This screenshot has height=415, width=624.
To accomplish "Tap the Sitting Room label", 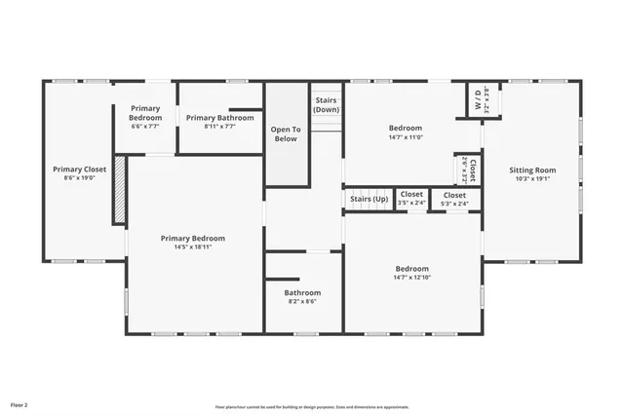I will [x=531, y=170].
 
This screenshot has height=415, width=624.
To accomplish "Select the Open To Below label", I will [x=285, y=134].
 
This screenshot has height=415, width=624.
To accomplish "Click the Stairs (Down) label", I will [x=326, y=104].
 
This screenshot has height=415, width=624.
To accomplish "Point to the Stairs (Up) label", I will [x=369, y=200].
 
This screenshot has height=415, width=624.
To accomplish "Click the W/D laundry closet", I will [x=480, y=99].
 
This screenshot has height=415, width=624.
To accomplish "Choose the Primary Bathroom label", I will [x=219, y=117].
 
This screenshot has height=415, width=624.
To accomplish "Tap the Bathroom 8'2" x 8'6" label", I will [x=302, y=292].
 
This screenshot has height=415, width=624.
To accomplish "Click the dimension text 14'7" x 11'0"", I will [x=406, y=137].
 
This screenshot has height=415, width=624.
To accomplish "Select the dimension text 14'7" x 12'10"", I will [x=411, y=278].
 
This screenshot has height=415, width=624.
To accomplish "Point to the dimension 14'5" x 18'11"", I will [x=192, y=247].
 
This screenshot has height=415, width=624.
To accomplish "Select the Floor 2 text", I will [x=19, y=403].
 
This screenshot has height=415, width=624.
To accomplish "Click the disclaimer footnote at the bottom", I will [x=312, y=406].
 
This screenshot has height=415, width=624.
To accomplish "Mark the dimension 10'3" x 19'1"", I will [x=531, y=178].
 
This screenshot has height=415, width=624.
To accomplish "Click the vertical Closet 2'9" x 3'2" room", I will [x=468, y=170].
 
